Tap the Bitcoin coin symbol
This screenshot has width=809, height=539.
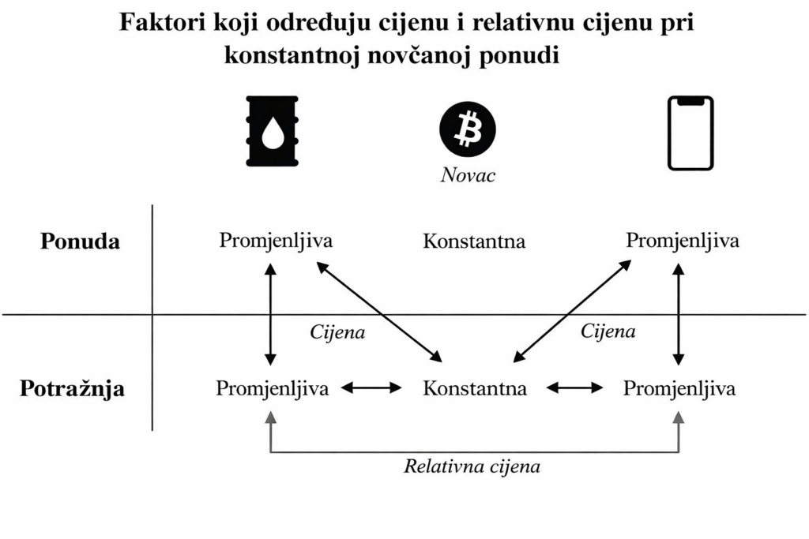click(468, 128)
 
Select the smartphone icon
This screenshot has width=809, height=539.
click(690, 133)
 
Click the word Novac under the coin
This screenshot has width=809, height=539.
click(468, 175)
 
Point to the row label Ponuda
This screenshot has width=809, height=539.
click(80, 241)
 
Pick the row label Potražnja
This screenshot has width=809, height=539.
click(72, 389)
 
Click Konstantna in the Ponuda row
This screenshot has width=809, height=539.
click(474, 241)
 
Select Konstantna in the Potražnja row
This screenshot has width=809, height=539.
click(474, 388)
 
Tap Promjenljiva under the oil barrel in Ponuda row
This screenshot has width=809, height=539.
click(276, 240)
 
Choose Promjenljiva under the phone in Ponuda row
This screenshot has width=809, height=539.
click(683, 241)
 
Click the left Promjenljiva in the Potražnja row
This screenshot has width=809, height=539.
click(273, 388)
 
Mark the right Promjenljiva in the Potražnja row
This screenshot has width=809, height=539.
click(679, 388)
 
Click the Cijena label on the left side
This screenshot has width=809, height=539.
click(337, 332)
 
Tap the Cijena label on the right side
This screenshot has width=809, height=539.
click(608, 331)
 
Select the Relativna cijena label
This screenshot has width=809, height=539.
click(472, 466)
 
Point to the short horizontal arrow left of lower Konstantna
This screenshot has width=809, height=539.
click(371, 387)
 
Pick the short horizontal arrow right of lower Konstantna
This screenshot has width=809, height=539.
click(574, 387)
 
